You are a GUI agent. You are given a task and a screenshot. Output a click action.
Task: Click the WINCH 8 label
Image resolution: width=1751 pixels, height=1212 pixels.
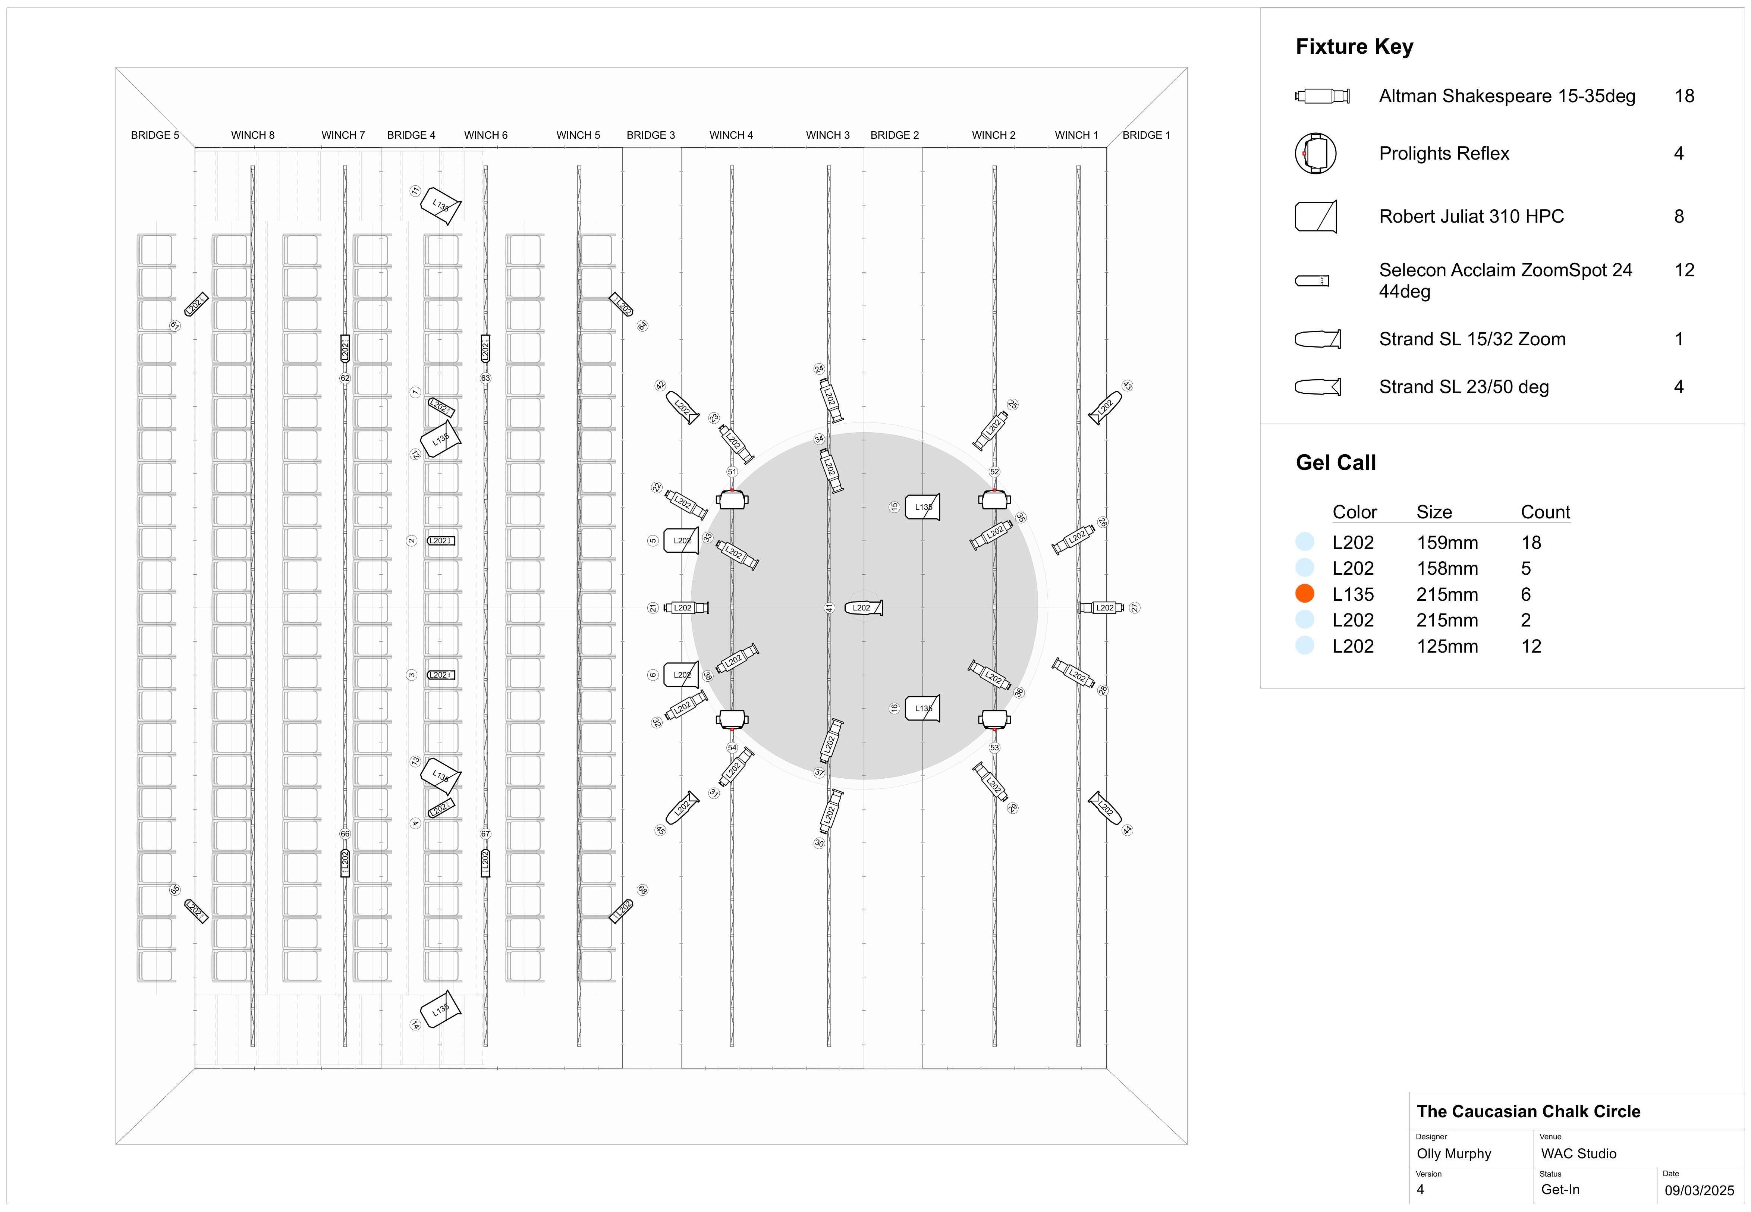pyautogui.click(x=253, y=135)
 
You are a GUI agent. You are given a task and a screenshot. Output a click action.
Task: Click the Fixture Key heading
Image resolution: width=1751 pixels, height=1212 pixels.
pyautogui.click(x=1354, y=47)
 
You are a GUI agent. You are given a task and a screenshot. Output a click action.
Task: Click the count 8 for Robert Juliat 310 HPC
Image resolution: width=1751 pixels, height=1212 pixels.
pyautogui.click(x=1679, y=216)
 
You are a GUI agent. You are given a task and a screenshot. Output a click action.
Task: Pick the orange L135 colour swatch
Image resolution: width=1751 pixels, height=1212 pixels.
pyautogui.click(x=1305, y=594)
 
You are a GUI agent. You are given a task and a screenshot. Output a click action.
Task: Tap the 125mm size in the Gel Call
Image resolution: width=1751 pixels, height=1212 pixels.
pyautogui.click(x=1446, y=646)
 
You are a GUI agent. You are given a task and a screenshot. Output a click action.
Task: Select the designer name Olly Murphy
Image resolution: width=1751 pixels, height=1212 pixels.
pyautogui.click(x=1453, y=1153)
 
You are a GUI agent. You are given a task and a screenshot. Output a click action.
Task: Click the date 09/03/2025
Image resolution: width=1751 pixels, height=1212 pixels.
pyautogui.click(x=1700, y=1190)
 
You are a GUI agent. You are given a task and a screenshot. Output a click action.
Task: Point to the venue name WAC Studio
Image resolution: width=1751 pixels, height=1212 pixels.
pyautogui.click(x=1578, y=1153)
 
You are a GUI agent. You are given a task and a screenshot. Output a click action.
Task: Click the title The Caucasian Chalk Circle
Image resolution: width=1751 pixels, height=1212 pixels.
pyautogui.click(x=1528, y=1112)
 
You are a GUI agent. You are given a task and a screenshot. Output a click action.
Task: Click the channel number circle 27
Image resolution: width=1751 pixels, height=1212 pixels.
pyautogui.click(x=1134, y=607)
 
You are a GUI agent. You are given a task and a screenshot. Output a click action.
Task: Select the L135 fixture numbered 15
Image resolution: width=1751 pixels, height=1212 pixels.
pyautogui.click(x=922, y=506)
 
